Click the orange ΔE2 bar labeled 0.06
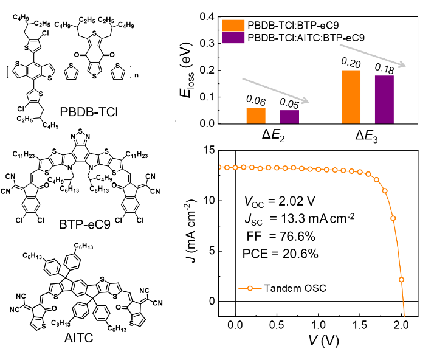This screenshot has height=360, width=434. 255,116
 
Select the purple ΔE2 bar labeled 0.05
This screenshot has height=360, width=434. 289,117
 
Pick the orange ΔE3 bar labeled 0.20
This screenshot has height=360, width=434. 351,97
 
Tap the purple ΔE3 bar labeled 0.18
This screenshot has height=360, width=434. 385,100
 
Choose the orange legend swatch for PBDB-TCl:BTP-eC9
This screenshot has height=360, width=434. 233,25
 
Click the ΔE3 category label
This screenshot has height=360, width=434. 368,134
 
